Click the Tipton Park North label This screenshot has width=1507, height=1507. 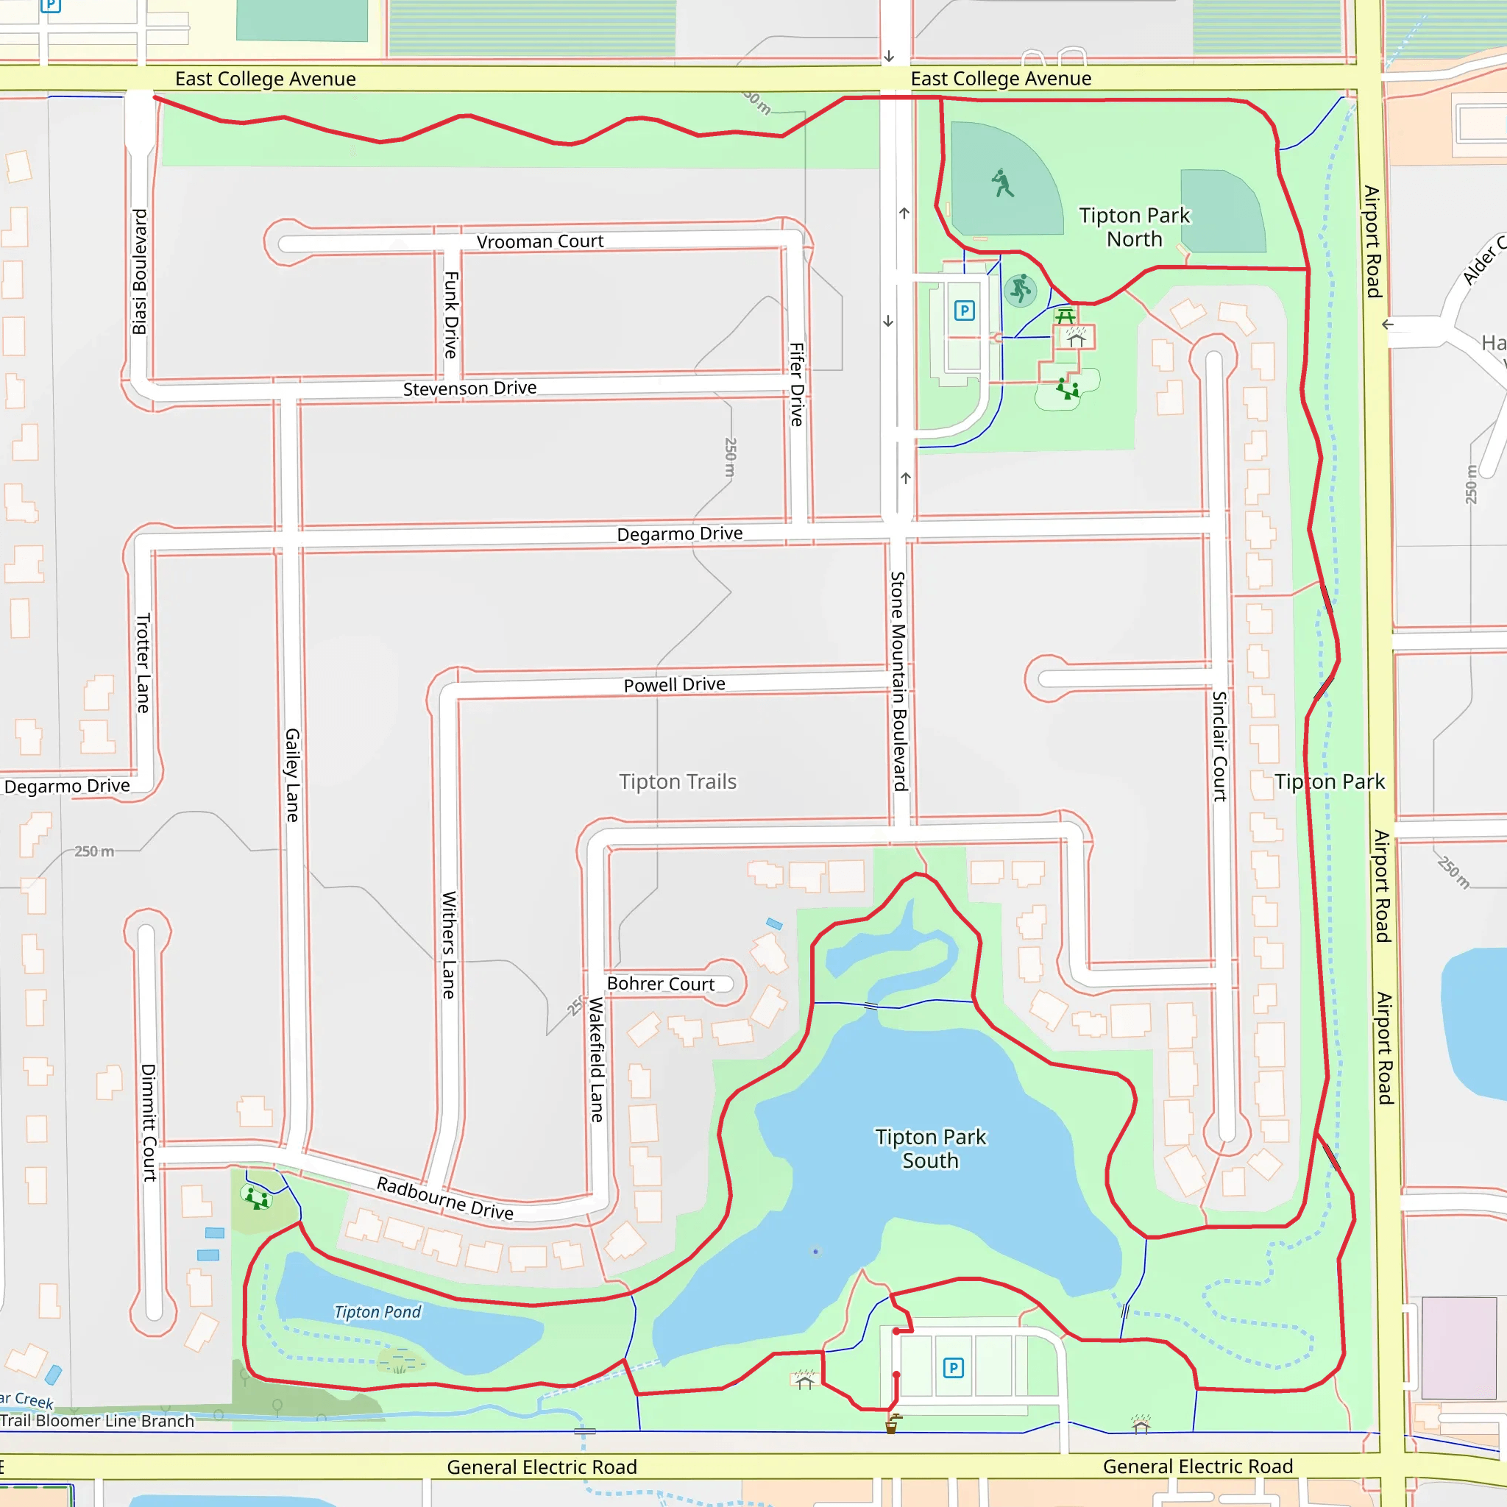(x=1134, y=227)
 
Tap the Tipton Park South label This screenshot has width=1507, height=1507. (x=930, y=1149)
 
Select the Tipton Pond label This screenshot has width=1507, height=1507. (x=377, y=1312)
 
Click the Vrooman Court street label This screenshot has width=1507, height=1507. (x=540, y=242)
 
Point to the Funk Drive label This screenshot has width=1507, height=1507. (x=451, y=314)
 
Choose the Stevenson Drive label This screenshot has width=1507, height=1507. (x=469, y=389)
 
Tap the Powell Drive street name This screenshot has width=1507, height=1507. (x=674, y=685)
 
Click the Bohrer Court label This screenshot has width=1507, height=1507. (x=660, y=985)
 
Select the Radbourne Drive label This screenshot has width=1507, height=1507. (x=444, y=1198)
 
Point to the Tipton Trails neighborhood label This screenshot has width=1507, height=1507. (x=677, y=781)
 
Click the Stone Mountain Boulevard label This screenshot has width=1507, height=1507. (x=898, y=681)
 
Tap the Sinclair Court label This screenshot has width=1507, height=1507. (x=1219, y=745)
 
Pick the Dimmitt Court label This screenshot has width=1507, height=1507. (x=148, y=1122)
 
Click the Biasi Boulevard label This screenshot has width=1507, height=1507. (x=139, y=272)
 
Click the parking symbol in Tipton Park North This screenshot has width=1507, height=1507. (x=964, y=311)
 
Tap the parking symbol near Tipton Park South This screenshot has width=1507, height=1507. (x=952, y=1367)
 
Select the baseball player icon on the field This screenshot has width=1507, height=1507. (x=1002, y=183)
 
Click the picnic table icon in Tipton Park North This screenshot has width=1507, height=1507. (x=1065, y=315)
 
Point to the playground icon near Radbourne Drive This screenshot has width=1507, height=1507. (x=257, y=1197)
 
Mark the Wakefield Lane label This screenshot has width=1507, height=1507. (x=597, y=1060)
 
